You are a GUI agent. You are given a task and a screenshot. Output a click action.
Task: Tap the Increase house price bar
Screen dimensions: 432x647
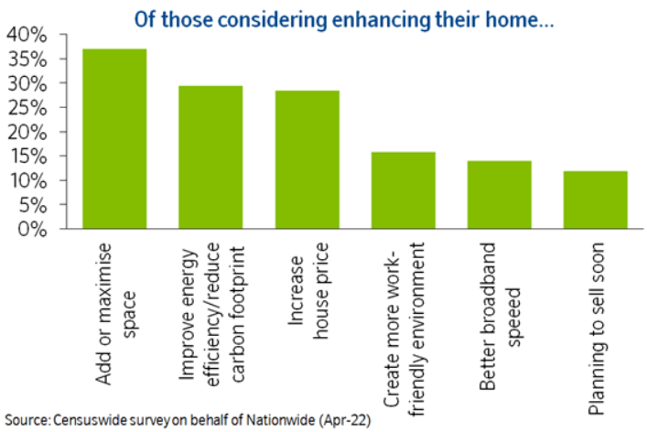[x=307, y=160]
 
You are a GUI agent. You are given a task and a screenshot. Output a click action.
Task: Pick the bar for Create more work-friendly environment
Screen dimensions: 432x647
[x=403, y=190]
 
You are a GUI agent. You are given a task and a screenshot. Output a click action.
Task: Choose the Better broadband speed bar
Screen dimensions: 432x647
[x=499, y=195]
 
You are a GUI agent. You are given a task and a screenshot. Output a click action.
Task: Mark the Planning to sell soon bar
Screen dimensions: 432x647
[x=595, y=200]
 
